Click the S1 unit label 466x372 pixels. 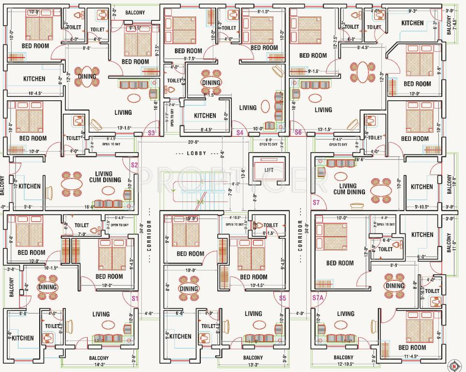(x=135, y=299)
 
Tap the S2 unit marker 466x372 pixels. (x=135, y=165)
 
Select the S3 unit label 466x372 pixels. (x=151, y=132)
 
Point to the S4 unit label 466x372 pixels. (x=239, y=132)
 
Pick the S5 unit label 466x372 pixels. (x=283, y=298)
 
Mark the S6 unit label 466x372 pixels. (x=298, y=132)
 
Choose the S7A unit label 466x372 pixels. (x=318, y=298)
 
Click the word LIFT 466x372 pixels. (x=270, y=170)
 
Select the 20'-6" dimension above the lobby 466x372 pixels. (x=194, y=142)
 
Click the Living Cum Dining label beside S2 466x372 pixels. (x=101, y=177)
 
